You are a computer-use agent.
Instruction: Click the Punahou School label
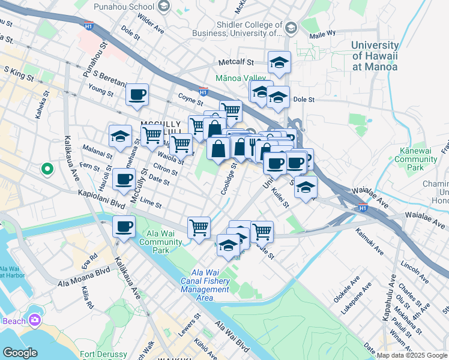124,7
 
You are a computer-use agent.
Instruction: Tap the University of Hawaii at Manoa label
374,56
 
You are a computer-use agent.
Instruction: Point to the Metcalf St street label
237,62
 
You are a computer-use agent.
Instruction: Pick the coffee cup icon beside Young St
137,94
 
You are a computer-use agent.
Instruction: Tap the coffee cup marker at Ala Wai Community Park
124,227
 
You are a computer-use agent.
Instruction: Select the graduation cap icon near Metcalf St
279,62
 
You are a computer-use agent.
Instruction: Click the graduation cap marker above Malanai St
120,136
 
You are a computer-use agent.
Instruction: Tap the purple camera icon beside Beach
35,320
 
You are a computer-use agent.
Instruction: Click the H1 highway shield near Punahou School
89,26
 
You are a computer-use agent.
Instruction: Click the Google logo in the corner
20,353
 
